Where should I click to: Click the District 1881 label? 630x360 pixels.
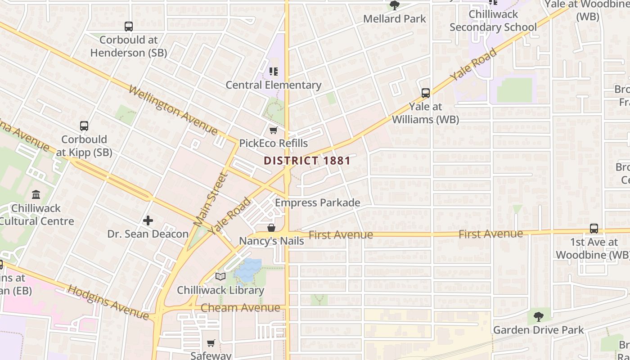click(307, 161)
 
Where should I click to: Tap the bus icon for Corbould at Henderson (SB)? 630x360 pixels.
click(129, 27)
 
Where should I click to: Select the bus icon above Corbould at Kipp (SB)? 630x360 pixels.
click(84, 126)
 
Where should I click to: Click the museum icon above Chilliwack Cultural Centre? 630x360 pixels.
click(36, 195)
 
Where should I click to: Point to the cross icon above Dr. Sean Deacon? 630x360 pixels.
click(148, 220)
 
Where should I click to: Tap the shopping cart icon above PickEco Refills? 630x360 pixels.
click(273, 130)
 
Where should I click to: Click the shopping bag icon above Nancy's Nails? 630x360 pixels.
click(271, 228)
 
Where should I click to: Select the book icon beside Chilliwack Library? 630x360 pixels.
click(220, 277)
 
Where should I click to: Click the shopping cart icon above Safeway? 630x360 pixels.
click(211, 343)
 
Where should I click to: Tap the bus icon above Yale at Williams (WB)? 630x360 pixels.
click(425, 93)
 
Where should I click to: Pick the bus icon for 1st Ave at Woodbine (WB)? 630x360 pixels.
click(594, 229)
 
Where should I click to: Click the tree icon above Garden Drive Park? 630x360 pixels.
click(538, 317)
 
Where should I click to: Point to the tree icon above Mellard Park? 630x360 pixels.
click(395, 5)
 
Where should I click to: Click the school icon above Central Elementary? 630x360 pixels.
click(273, 72)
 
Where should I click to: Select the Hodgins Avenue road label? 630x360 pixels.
click(108, 302)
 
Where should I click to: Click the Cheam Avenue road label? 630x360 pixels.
click(240, 308)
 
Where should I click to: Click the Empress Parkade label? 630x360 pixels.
click(317, 202)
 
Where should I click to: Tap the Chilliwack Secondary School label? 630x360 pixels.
click(493, 21)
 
